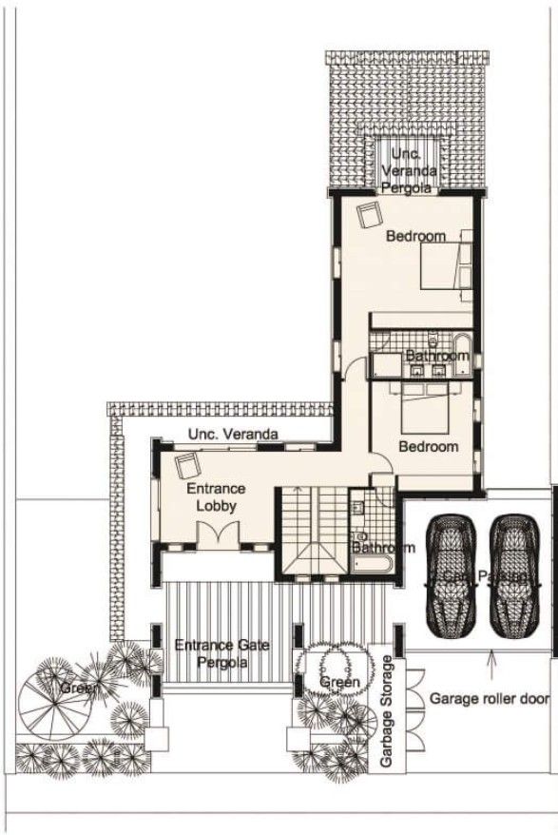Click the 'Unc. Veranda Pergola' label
point(409,170)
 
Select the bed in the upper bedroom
point(448,262)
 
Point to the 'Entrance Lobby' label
point(211,496)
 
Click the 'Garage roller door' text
point(489,698)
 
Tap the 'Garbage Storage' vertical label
point(387,711)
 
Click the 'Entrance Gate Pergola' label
point(222,653)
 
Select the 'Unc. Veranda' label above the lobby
point(233,435)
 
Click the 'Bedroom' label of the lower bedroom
point(428,446)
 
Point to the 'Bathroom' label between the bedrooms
point(437,356)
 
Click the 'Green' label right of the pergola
point(339,682)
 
